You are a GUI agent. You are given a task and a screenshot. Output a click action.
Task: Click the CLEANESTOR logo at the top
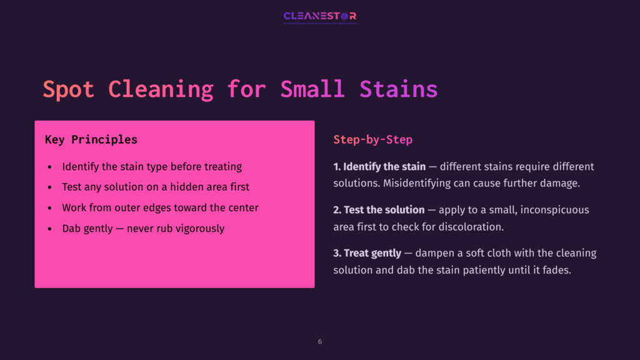click(x=319, y=17)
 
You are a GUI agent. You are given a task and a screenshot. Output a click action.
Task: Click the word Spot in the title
click(x=68, y=89)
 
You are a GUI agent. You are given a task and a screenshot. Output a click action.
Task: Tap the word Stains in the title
click(x=398, y=89)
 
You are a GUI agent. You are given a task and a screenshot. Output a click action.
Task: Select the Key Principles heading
click(x=91, y=139)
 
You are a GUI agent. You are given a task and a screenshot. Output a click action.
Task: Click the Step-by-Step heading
click(x=372, y=139)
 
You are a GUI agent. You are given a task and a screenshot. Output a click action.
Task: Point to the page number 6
click(x=320, y=342)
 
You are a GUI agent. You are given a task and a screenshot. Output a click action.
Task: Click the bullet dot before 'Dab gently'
click(x=50, y=229)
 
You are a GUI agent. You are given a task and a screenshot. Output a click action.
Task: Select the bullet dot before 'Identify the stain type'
click(x=50, y=167)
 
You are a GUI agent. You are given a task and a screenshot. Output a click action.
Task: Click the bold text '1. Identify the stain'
click(x=379, y=167)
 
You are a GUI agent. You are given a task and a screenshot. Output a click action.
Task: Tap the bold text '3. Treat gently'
click(x=367, y=253)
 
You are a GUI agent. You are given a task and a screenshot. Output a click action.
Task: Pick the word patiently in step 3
click(x=468, y=269)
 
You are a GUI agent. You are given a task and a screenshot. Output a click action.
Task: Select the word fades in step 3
click(x=556, y=269)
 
